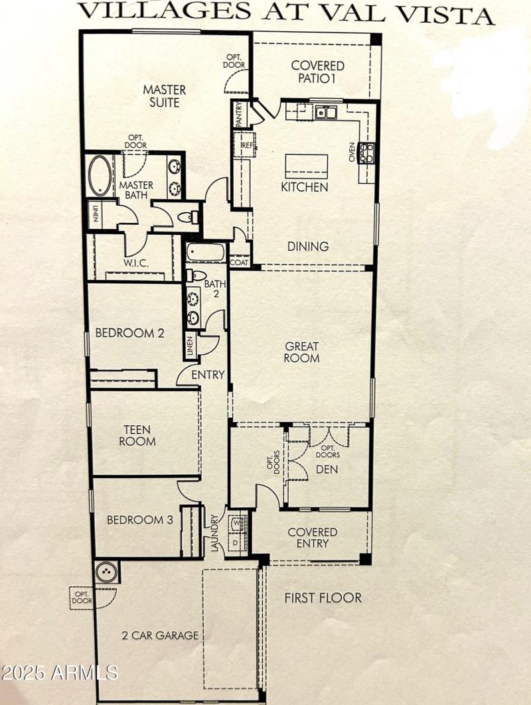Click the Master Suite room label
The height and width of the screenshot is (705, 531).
coord(165,96)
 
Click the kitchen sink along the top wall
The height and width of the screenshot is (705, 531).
coord(325,112)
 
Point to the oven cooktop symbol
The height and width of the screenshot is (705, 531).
coord(366,153)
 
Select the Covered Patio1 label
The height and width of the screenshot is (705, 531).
coord(318,72)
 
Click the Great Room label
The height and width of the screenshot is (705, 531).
coord(302,352)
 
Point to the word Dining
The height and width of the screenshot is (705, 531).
coord(308,246)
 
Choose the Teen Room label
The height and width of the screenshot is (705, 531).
coord(137,434)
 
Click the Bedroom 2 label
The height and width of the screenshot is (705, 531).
coord(129,333)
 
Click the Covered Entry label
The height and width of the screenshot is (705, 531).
coord(312,538)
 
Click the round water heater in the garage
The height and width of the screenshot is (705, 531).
coord(106,572)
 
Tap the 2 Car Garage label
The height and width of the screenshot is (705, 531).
coord(160,635)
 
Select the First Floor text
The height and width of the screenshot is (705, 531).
coord(323,598)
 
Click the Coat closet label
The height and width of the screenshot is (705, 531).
coord(238,263)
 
